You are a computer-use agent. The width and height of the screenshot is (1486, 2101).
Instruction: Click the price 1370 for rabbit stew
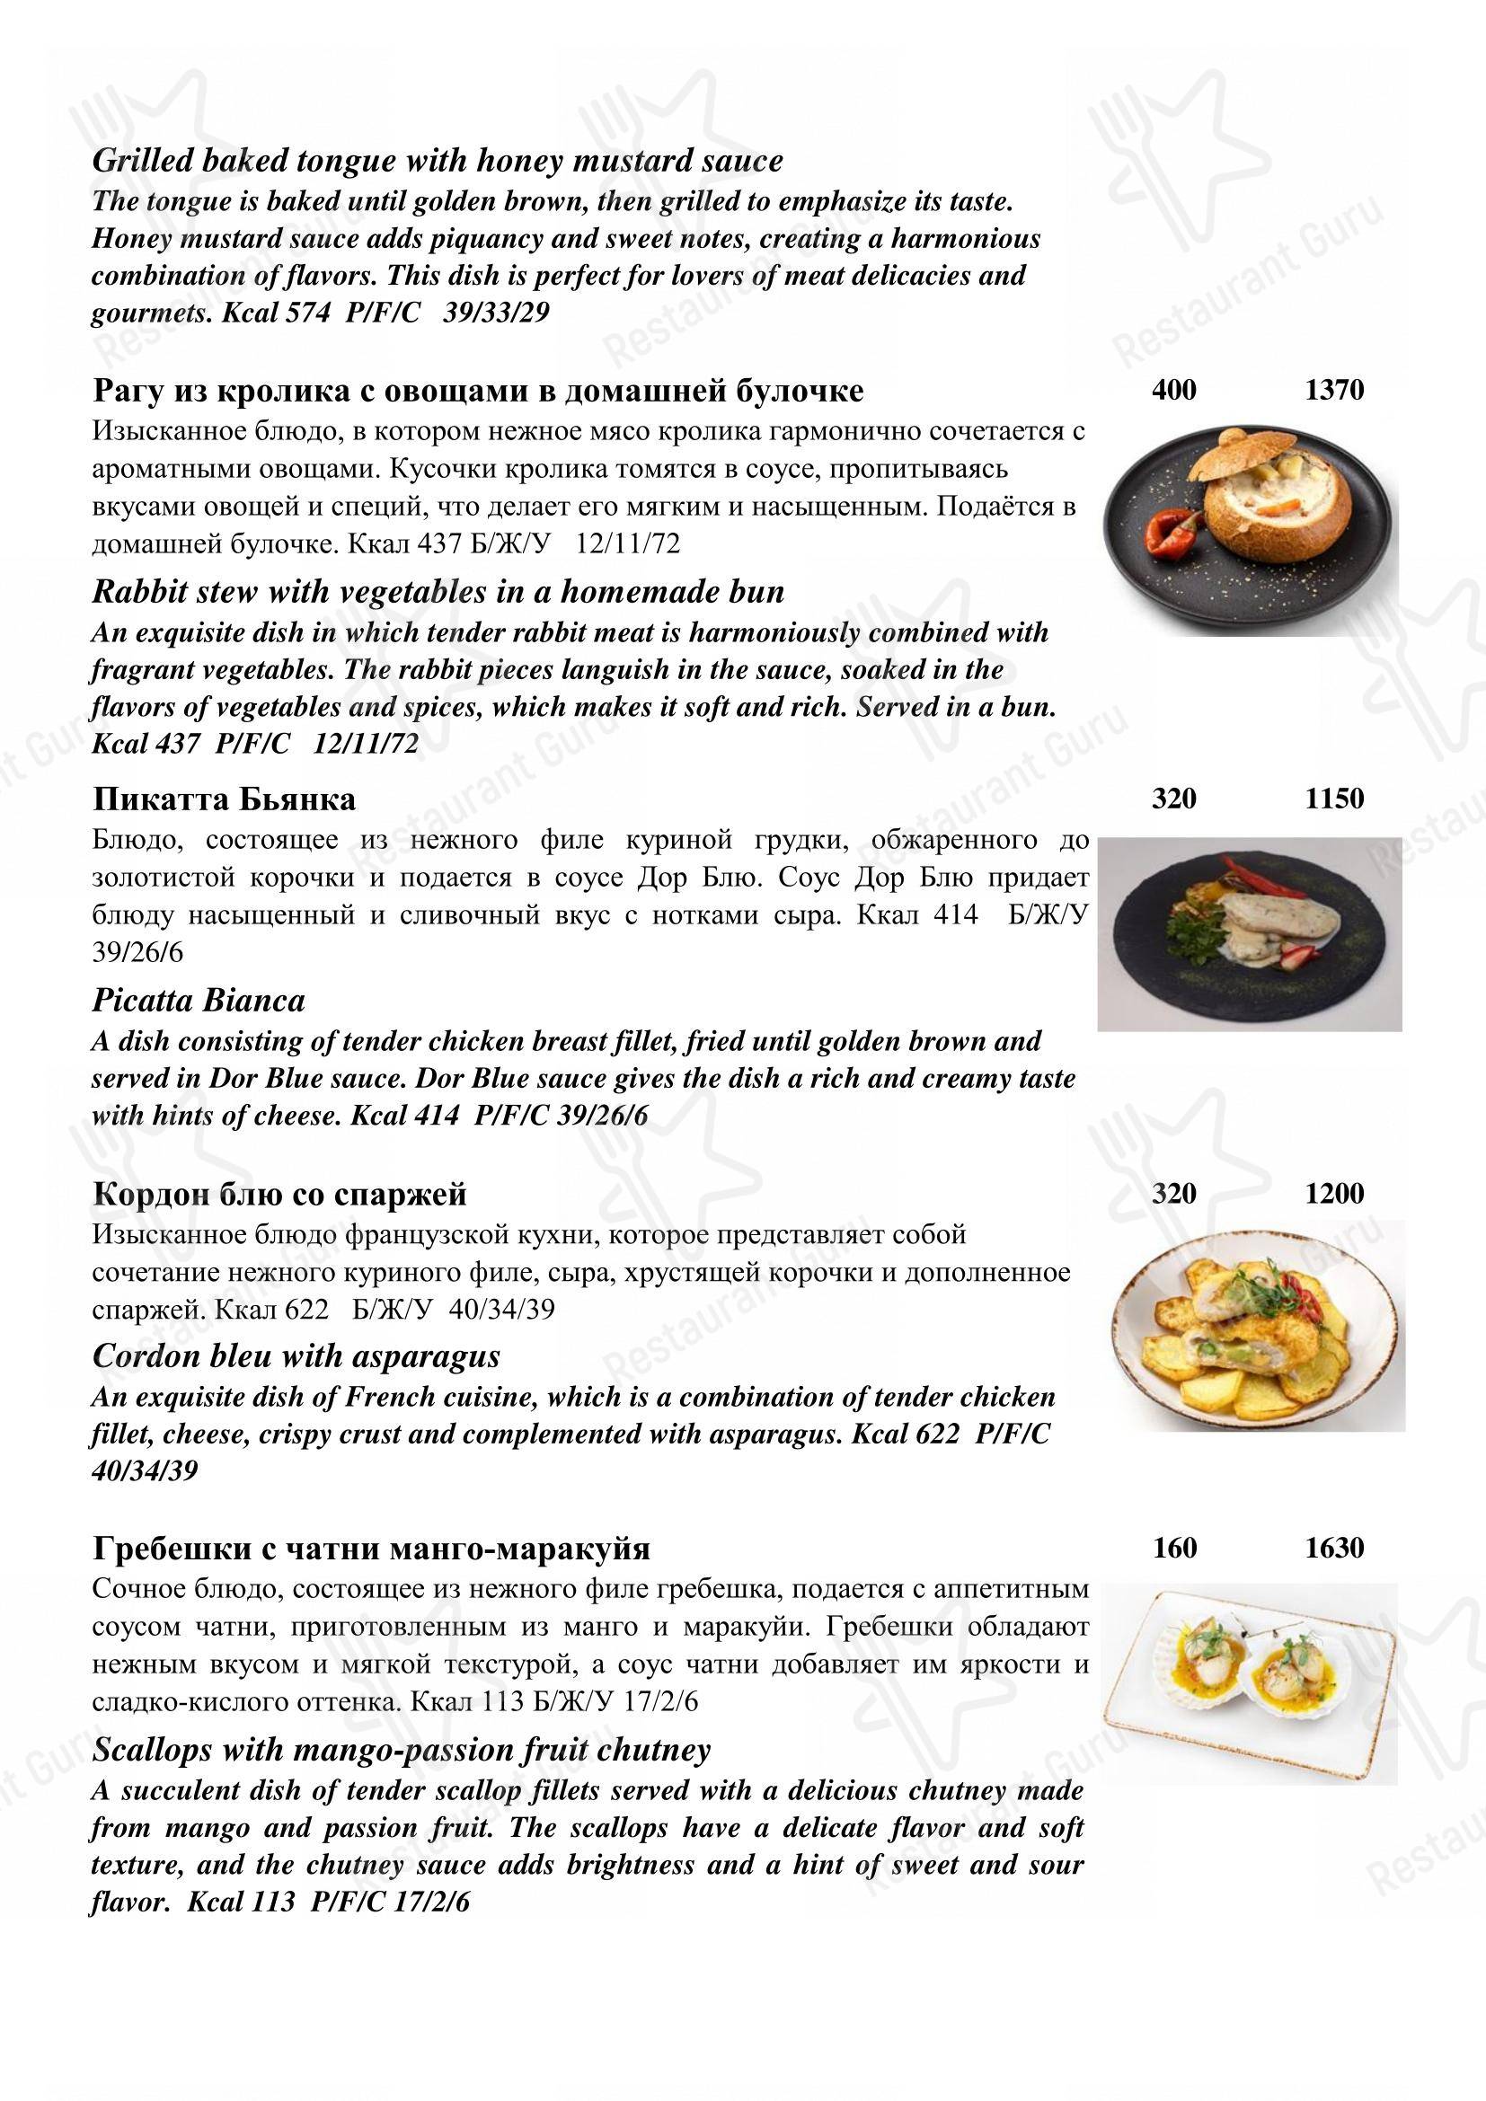click(1334, 391)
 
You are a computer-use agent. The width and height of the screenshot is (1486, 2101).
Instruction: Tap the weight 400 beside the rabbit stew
click(1174, 391)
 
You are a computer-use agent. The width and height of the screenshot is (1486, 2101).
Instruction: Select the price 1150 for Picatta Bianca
click(1334, 799)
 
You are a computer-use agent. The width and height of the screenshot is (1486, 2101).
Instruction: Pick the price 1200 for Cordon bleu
click(1334, 1193)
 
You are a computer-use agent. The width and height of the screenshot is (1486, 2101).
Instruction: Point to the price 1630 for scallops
click(1334, 1548)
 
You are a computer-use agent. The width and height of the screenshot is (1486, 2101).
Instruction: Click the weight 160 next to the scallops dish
click(1174, 1548)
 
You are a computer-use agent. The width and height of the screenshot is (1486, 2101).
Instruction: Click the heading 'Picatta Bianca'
click(199, 1000)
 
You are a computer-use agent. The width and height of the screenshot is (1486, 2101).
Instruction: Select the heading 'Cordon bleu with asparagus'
click(296, 1355)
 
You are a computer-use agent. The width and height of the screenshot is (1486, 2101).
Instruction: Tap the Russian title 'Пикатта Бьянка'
click(225, 799)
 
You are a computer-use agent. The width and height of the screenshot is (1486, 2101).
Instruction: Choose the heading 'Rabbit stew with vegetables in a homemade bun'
click(438, 592)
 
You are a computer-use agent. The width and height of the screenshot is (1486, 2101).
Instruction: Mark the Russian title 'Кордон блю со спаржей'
click(280, 1194)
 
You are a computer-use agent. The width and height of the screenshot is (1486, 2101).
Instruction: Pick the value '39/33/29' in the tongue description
click(496, 312)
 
